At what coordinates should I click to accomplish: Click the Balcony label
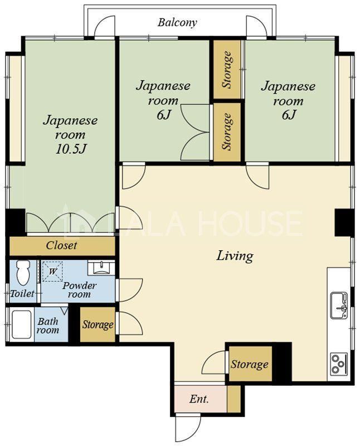tap(177, 22)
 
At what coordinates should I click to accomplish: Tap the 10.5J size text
tap(70, 149)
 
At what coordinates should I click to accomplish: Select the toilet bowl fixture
tap(23, 272)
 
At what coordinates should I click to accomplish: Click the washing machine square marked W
tap(52, 272)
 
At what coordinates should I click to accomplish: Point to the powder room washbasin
tap(101, 268)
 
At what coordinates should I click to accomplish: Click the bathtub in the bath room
tap(21, 324)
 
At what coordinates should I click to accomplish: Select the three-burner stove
tap(339, 363)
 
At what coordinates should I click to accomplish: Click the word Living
tap(235, 256)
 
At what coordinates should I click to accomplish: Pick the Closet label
tap(61, 245)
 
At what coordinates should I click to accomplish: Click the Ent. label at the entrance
tap(199, 399)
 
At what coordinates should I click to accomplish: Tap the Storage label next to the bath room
tap(98, 324)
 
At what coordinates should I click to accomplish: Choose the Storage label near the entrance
tap(249, 364)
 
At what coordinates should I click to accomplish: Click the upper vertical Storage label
tap(227, 70)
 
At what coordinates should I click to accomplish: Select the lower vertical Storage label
tap(227, 132)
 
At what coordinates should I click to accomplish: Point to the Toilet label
tap(22, 293)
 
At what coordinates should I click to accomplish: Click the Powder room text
tap(79, 290)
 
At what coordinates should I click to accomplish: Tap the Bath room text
tap(48, 326)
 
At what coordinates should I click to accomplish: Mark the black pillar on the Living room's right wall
tap(343, 222)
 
